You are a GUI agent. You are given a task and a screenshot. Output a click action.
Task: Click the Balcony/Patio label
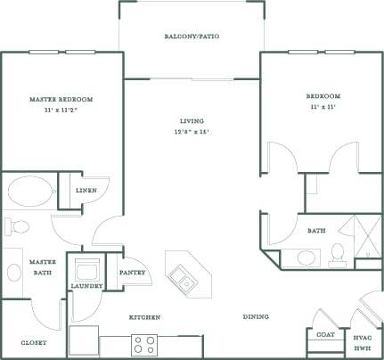pyautogui.click(x=192, y=37)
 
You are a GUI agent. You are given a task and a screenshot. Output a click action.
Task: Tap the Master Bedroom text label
pyautogui.click(x=61, y=99)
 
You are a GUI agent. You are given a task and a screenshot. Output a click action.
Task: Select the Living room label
pyautogui.click(x=192, y=120)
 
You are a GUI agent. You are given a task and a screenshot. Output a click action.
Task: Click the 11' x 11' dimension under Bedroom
pyautogui.click(x=323, y=106)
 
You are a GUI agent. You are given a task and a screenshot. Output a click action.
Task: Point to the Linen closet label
pyautogui.click(x=86, y=190)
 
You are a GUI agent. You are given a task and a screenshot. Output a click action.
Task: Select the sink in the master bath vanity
pyautogui.click(x=12, y=271)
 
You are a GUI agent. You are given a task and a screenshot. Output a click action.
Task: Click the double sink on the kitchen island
pyautogui.click(x=187, y=278)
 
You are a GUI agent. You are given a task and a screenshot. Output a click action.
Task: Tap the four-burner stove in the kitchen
pyautogui.click(x=144, y=343)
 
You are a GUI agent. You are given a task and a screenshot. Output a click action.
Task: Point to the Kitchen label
pyautogui.click(x=143, y=317)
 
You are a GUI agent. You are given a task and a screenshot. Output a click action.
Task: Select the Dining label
pyautogui.click(x=257, y=317)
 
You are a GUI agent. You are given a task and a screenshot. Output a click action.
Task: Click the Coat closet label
pyautogui.click(x=325, y=335)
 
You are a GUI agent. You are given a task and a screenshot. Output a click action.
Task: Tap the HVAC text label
pyautogui.click(x=363, y=338)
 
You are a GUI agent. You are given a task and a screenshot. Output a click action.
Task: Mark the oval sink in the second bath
pyautogui.click(x=306, y=259)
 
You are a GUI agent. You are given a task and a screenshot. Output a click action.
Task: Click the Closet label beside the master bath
pyautogui.click(x=33, y=342)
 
